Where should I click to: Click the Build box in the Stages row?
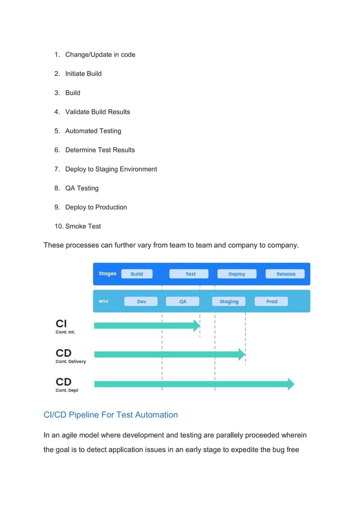[137, 274]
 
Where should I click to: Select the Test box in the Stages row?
[191, 274]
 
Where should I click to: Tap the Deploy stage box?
[237, 274]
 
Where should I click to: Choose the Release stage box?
[286, 274]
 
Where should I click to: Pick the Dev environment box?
[142, 302]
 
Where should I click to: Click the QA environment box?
[183, 302]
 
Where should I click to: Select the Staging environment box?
[229, 302]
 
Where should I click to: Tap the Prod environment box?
[271, 302]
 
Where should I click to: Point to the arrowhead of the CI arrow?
[197, 325]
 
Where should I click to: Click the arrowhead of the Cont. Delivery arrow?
[242, 355]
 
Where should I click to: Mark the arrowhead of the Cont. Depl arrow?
[291, 384]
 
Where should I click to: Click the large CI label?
[61, 324]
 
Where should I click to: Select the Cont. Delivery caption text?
[71, 361]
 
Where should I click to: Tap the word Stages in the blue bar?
[107, 274]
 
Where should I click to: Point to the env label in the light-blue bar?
[103, 302]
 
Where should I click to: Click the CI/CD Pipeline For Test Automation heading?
[111, 415]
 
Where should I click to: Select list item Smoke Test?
[83, 226]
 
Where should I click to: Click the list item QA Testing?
[82, 188]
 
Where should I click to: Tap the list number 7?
[57, 169]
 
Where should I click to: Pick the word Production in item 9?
[111, 207]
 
